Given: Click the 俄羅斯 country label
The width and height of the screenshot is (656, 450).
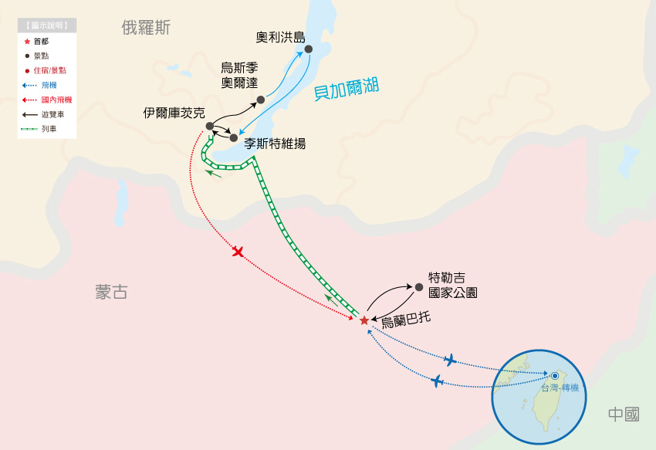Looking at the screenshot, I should pyautogui.click(x=146, y=28).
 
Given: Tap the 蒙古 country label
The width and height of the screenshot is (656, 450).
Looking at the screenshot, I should pyautogui.click(x=111, y=292).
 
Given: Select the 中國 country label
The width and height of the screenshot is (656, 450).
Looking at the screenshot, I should pyautogui.click(x=623, y=414).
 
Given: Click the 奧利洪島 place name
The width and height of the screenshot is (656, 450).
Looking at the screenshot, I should pyautogui.click(x=281, y=36).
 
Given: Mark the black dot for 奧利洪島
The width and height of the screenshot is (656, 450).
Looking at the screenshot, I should pyautogui.click(x=308, y=49).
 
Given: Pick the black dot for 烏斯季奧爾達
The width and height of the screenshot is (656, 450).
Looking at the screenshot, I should pyautogui.click(x=261, y=100).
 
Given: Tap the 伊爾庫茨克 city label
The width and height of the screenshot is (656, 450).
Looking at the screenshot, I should pyautogui.click(x=174, y=113).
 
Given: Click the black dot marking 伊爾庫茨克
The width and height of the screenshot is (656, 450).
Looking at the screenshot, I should pyautogui.click(x=210, y=126).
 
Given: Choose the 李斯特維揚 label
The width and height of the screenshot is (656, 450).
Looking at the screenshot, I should pyautogui.click(x=275, y=143).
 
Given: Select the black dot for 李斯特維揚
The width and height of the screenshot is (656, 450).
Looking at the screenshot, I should pyautogui.click(x=234, y=138).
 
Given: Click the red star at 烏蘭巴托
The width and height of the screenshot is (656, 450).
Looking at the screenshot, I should pyautogui.click(x=364, y=320).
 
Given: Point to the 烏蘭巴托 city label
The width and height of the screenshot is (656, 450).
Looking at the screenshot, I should pyautogui.click(x=406, y=316).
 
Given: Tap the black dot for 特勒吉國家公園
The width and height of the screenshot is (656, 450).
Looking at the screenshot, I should pyautogui.click(x=419, y=287).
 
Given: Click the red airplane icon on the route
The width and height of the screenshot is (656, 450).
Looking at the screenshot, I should pyautogui.click(x=238, y=252).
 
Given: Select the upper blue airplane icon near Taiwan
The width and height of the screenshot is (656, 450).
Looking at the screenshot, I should pyautogui.click(x=450, y=360).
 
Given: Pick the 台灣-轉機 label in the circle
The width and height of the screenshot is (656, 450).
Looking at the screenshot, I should pyautogui.click(x=560, y=387).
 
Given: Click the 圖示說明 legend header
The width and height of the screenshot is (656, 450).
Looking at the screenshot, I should pyautogui.click(x=48, y=25).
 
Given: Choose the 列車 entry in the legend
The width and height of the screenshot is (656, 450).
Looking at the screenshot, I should pyautogui.click(x=49, y=128).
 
